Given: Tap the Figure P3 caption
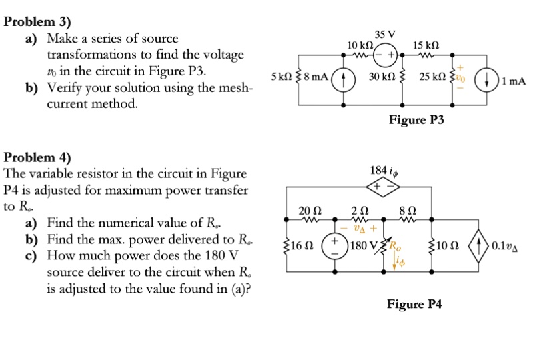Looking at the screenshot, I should tap(416, 120).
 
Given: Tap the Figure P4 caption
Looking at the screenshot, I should tap(414, 304).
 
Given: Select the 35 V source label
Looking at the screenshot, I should tap(384, 34).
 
